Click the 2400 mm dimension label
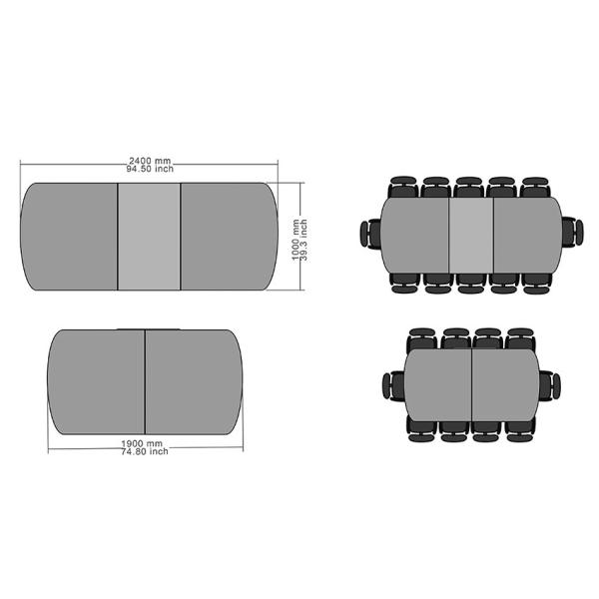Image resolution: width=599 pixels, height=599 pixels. (x=150, y=161)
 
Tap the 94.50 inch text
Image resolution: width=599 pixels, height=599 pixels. (x=150, y=169)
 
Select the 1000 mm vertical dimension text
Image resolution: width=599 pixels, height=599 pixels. (x=296, y=240)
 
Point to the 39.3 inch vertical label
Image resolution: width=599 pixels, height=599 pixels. (x=303, y=240)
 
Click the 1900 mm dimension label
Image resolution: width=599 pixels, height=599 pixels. (x=142, y=443)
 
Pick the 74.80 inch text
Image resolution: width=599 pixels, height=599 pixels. (x=145, y=451)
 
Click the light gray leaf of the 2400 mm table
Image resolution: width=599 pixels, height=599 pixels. (x=149, y=237)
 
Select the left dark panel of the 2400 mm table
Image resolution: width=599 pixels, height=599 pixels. (x=69, y=237)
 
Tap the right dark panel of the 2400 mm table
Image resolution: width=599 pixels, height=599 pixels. (x=230, y=237)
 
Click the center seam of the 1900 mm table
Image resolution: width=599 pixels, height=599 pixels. (x=145, y=382)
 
